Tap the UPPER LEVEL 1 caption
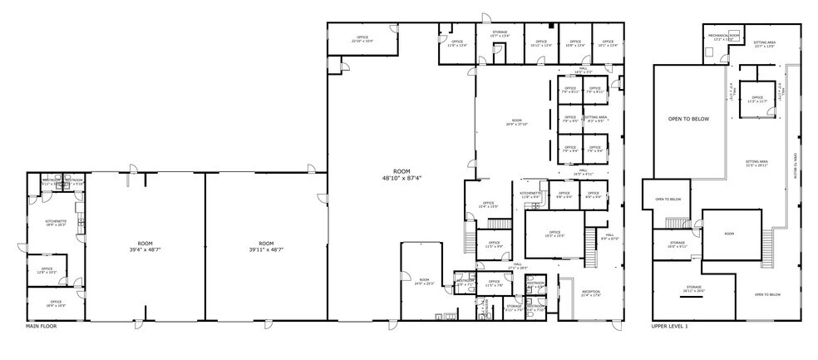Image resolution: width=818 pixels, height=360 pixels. click(x=669, y=326)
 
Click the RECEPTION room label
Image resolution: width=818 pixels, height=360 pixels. click(x=590, y=293)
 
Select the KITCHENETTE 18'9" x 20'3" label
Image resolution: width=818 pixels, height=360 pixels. click(x=55, y=223)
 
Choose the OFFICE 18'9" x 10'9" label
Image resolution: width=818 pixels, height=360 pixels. click(x=56, y=303)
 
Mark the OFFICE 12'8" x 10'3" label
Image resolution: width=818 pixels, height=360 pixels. click(x=47, y=270)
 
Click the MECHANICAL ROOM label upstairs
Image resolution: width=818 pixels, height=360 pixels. click(x=722, y=37)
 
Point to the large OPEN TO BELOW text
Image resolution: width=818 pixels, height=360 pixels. click(x=688, y=119)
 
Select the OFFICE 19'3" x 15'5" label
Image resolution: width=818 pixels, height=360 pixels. click(x=554, y=234)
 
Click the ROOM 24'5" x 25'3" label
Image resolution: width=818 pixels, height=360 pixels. click(x=424, y=281)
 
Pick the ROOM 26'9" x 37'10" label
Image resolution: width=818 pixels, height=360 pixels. click(x=517, y=124)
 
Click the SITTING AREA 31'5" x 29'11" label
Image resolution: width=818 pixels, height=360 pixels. click(x=756, y=164)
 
